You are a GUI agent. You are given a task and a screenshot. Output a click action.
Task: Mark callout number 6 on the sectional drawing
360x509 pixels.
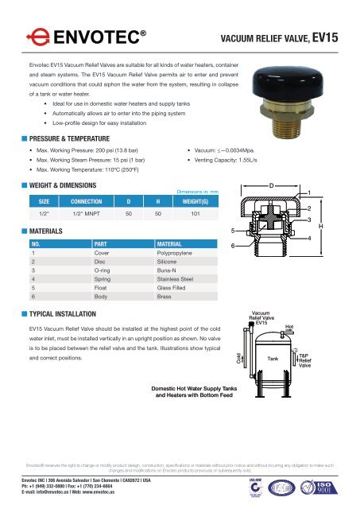point(233,246)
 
